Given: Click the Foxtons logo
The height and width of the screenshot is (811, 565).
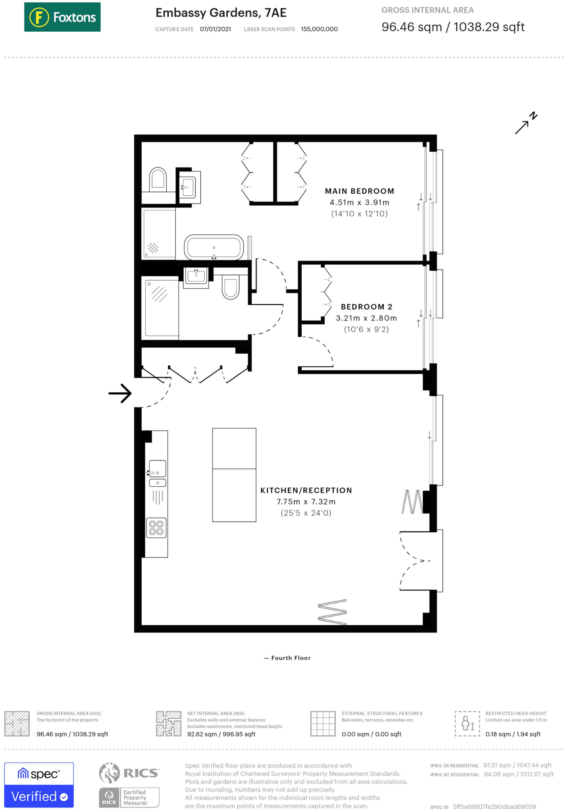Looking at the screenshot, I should tap(62, 17).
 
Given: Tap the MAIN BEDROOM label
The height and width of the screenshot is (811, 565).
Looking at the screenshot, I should tap(359, 191).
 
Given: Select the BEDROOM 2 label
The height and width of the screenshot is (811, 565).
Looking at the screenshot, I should tap(366, 307).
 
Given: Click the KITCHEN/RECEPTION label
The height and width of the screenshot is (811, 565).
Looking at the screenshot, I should tap(306, 490).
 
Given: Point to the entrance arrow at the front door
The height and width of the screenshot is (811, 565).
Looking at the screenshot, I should tap(120, 393).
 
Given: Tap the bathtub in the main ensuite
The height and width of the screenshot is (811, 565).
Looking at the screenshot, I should tap(214, 247).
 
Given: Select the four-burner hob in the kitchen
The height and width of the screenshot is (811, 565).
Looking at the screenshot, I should tap(156, 528).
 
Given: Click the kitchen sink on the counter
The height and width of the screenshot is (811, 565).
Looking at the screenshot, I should tap(157, 469).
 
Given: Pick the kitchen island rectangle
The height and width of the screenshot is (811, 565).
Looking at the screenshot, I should tap(234, 475).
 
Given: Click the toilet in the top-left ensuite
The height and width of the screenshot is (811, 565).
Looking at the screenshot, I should tap(158, 179).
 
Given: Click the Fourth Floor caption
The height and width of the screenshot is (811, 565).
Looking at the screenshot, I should tap(287, 658).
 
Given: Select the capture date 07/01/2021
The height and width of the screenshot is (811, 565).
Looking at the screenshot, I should tap(215, 29).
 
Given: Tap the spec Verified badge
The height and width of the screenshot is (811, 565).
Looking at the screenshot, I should tap(39, 784).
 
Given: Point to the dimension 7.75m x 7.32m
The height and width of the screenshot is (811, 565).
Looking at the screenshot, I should tap(306, 502).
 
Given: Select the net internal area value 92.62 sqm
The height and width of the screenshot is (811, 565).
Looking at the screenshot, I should tap(221, 734).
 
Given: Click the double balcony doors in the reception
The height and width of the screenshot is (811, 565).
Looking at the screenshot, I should tap(414, 561).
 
